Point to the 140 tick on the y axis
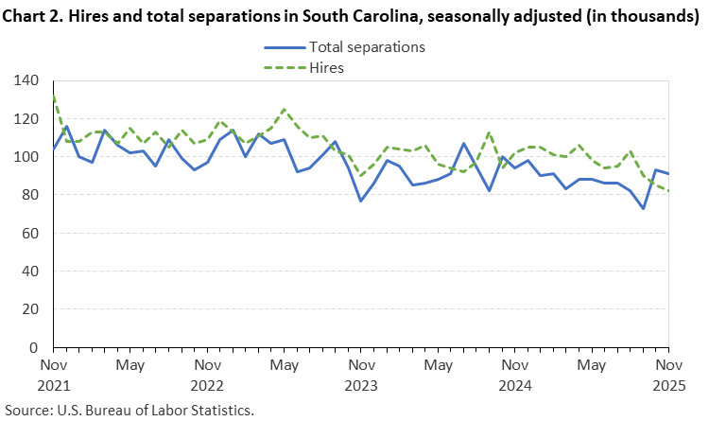(26, 80)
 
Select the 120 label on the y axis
(26, 118)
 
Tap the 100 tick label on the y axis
(26, 156)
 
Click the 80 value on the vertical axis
(29, 195)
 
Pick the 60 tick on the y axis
(29, 233)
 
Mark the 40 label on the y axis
(29, 271)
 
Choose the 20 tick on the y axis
(29, 308)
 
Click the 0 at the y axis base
(33, 347)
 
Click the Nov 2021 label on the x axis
(53, 374)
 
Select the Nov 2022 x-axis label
(207, 374)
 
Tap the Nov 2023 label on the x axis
(360, 374)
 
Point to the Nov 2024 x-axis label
(514, 374)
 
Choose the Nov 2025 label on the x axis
(667, 374)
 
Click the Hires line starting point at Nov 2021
(53, 95)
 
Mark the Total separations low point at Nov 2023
(360, 201)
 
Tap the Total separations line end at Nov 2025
(667, 173)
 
